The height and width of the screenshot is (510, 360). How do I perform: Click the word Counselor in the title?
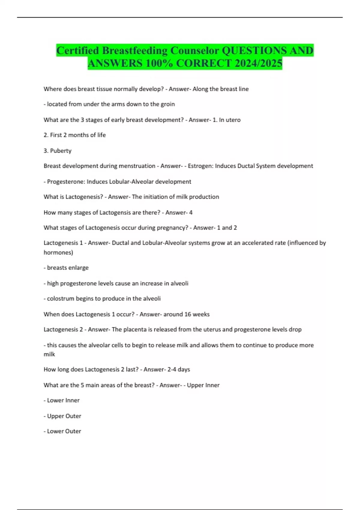coord(195,50)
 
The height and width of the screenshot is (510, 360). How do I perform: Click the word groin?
coord(168,104)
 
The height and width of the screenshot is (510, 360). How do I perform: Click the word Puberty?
coord(61,151)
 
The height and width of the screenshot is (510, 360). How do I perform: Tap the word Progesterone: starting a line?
coord(66,181)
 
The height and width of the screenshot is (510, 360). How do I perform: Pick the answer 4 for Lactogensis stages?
coord(190,212)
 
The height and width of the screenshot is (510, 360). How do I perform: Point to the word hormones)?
coord(58,252)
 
